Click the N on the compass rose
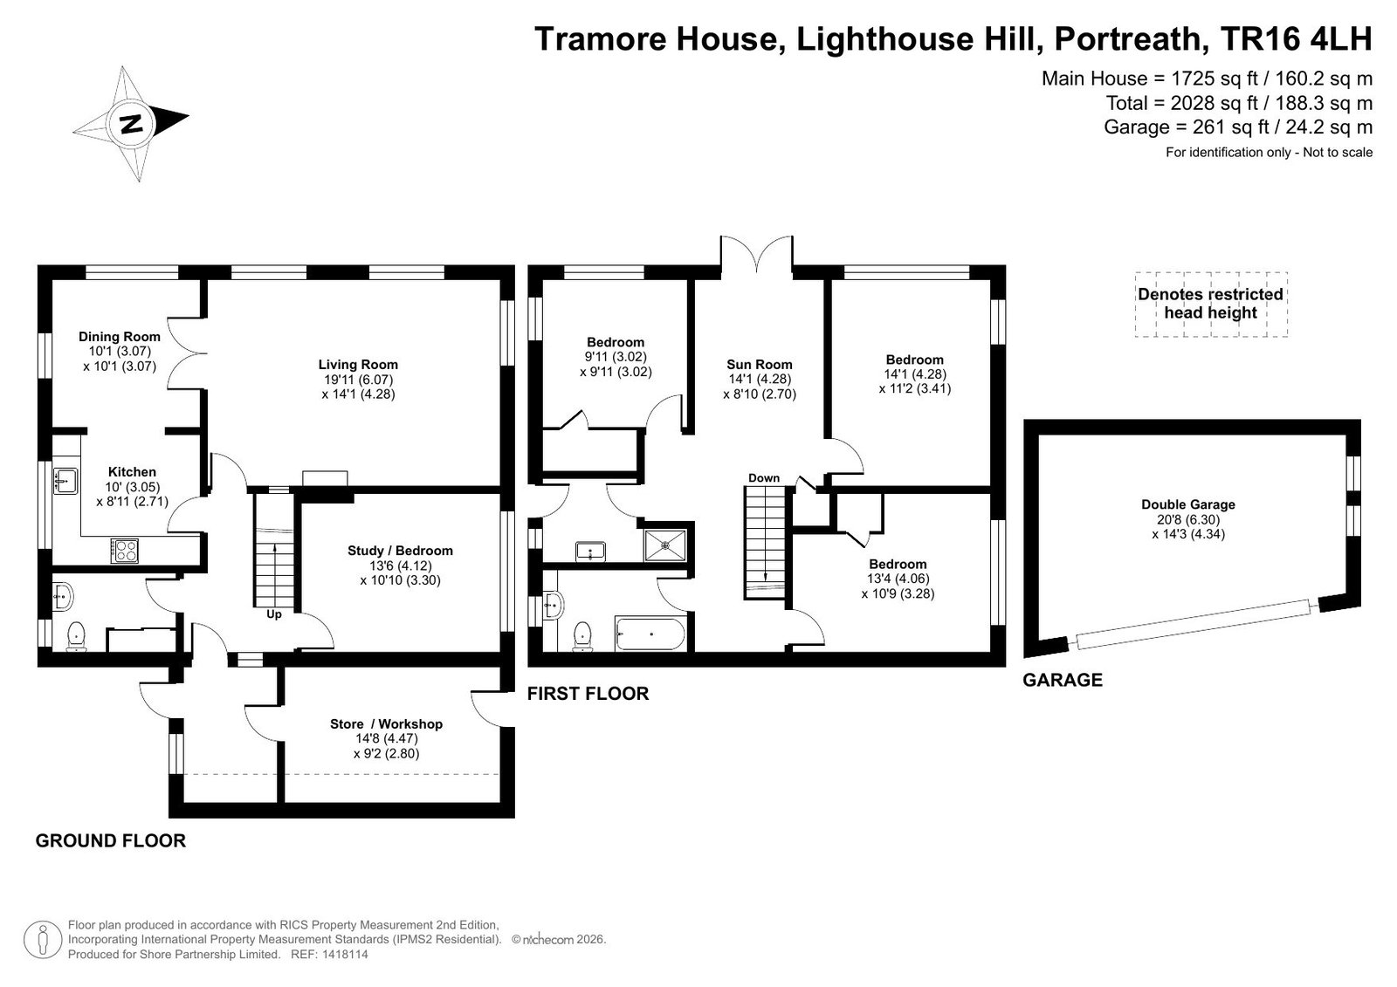pyautogui.click(x=131, y=124)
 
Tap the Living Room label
pyautogui.click(x=358, y=365)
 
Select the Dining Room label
pyautogui.click(x=119, y=337)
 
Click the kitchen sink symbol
pyautogui.click(x=65, y=482)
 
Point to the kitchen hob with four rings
pyautogui.click(x=125, y=551)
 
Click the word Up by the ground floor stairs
pyautogui.click(x=274, y=614)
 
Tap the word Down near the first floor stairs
pyautogui.click(x=764, y=478)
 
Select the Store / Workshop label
pyautogui.click(x=386, y=723)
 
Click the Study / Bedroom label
pyautogui.click(x=400, y=551)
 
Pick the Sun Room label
pyautogui.click(x=759, y=365)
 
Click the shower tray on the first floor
pyautogui.click(x=664, y=545)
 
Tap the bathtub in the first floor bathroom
pyautogui.click(x=650, y=634)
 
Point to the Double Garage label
pyautogui.click(x=1188, y=504)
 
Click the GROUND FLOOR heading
pyautogui.click(x=110, y=840)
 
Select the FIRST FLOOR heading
pyautogui.click(x=588, y=693)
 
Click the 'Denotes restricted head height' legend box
pyautogui.click(x=1210, y=305)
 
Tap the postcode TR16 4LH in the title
pyautogui.click(x=1296, y=39)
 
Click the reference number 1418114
pyautogui.click(x=345, y=954)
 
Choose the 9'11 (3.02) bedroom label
pyautogui.click(x=616, y=357)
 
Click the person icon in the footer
pyautogui.click(x=43, y=940)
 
